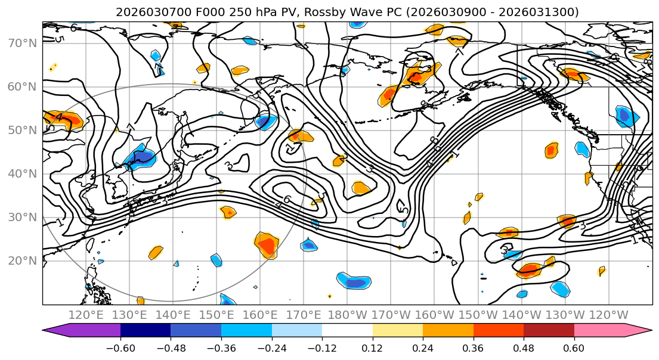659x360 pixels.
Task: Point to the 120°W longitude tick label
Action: pos(609,314)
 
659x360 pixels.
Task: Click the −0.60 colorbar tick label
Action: pos(120,347)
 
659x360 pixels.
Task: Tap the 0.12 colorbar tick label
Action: pos(373,347)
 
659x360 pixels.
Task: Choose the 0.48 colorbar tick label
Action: pos(524,347)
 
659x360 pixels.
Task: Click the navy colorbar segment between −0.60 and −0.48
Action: pos(146,330)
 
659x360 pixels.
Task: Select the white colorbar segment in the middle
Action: pos(347,330)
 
